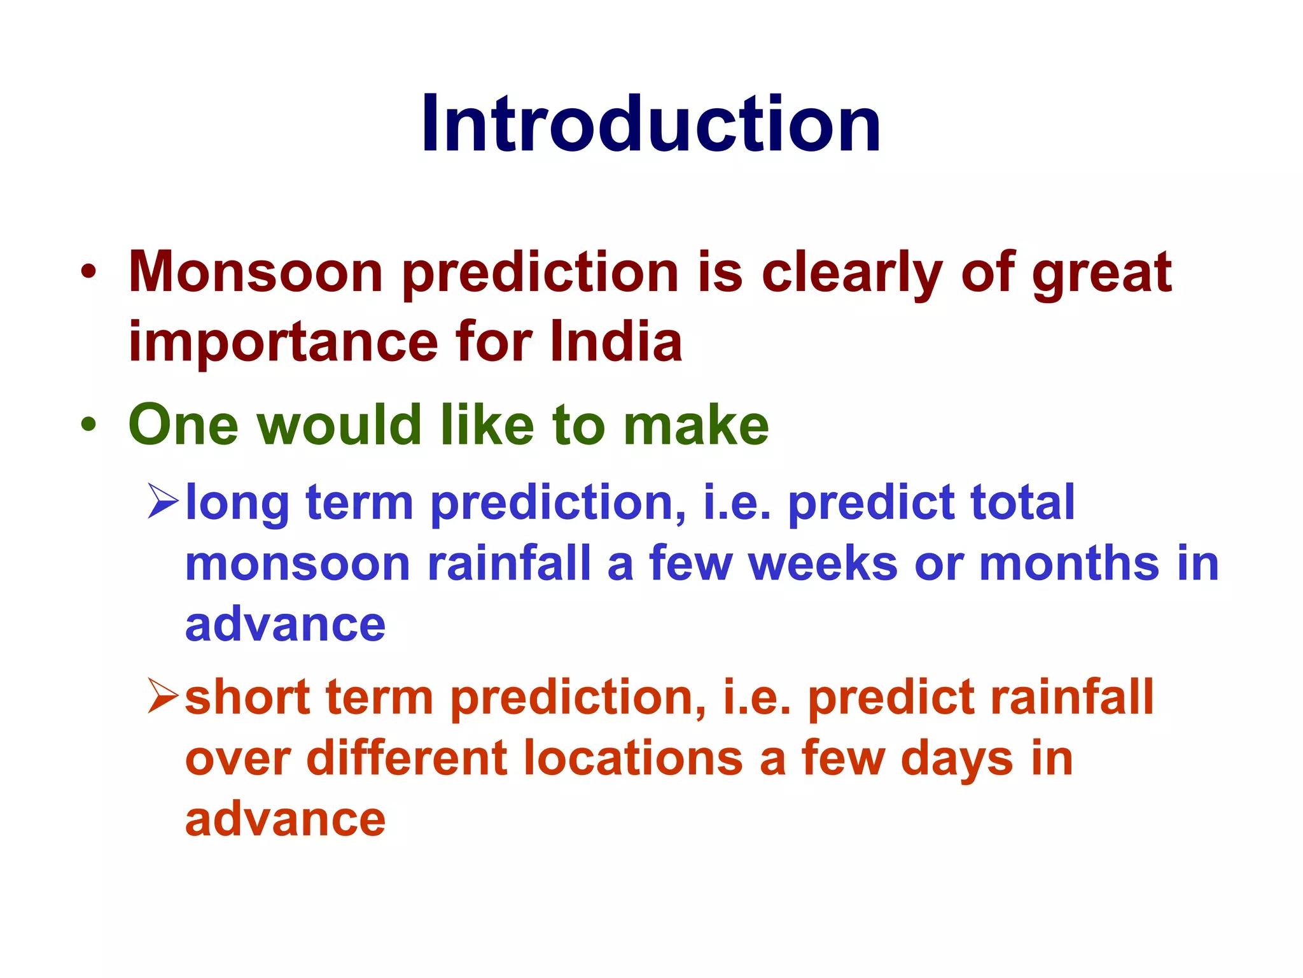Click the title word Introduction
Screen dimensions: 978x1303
(x=651, y=124)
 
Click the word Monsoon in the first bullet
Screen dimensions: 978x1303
(x=255, y=273)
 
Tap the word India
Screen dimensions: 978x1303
(x=616, y=342)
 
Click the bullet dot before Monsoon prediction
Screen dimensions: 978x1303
(x=88, y=273)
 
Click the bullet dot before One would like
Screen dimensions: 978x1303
(x=88, y=425)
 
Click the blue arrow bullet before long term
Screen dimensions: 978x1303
(x=163, y=501)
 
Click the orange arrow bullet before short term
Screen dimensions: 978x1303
(x=163, y=696)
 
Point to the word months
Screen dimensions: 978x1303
(x=1069, y=563)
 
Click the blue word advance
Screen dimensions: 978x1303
(x=285, y=625)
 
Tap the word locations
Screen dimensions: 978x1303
(x=633, y=758)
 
